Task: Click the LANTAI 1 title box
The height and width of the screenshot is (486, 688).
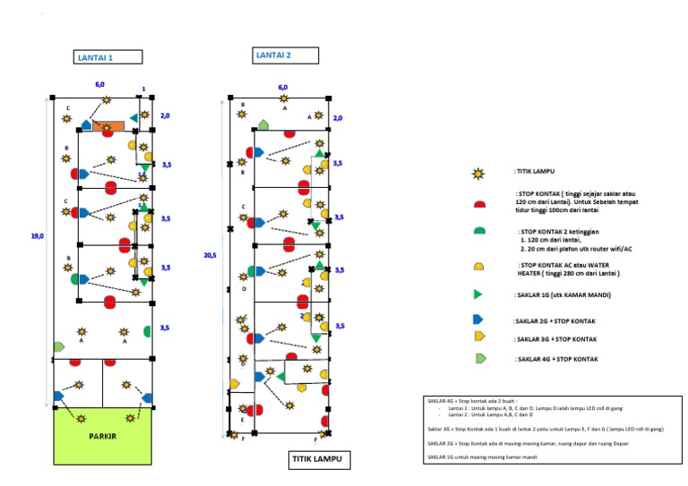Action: coord(107,57)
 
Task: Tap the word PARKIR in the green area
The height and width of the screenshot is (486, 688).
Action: coord(103,438)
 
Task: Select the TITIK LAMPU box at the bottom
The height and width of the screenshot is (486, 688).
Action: coord(320,460)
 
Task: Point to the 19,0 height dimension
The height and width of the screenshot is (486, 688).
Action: coord(37,236)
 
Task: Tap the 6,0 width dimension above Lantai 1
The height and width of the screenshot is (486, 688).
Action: coord(100,84)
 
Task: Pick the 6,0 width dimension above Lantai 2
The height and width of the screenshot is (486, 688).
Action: coord(283,88)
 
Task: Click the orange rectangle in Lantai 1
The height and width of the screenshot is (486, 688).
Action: coord(108,127)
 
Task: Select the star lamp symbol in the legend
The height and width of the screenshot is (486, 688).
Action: coord(479,171)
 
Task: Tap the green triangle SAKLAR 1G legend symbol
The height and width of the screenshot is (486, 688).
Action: coord(478,294)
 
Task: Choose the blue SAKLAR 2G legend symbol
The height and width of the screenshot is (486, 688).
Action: coord(478,320)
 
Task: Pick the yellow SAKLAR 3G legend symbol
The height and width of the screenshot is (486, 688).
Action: coord(479,336)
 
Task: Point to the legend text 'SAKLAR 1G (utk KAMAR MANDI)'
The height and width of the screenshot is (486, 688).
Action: coord(562,294)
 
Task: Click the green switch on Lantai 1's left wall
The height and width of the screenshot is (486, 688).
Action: coord(59,346)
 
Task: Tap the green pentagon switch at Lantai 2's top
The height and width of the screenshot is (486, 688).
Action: coord(263,124)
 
